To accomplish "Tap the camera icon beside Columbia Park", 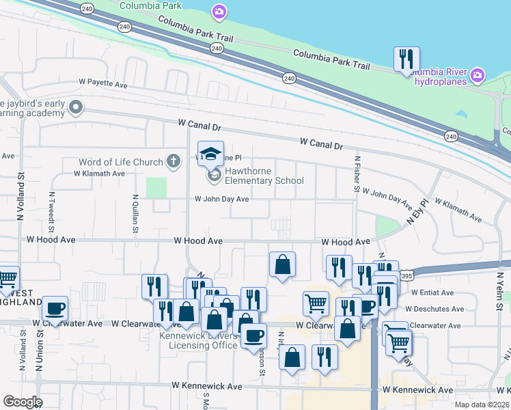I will click(219, 11).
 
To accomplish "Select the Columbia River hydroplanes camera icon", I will click(478, 74).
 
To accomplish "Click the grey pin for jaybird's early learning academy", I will click(75, 107).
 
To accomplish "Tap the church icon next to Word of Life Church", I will click(174, 162).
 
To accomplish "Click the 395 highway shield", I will click(406, 275).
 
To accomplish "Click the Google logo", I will click(22, 402).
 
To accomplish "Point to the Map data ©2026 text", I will click(481, 405).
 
